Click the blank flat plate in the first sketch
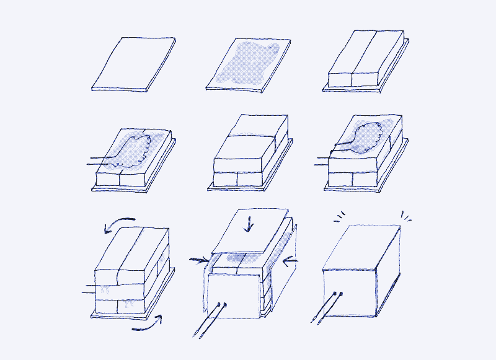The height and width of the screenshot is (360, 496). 131,63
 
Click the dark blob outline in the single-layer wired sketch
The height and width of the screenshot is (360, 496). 133,152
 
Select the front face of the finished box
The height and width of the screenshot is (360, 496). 351,291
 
